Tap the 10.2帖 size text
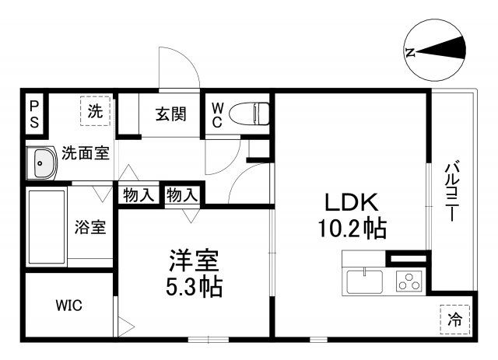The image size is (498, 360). [x=351, y=229]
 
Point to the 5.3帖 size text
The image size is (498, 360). [x=194, y=286]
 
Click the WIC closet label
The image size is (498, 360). [x=68, y=305]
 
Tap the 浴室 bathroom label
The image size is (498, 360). [x=90, y=228]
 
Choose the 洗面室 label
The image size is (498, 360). [x=86, y=153]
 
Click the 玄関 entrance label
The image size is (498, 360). [x=170, y=115]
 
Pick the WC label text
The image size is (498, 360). [x=217, y=114]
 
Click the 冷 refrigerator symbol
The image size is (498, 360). [x=456, y=318]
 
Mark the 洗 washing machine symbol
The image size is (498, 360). [x=95, y=111]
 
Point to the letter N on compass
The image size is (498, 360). [x=410, y=52]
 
